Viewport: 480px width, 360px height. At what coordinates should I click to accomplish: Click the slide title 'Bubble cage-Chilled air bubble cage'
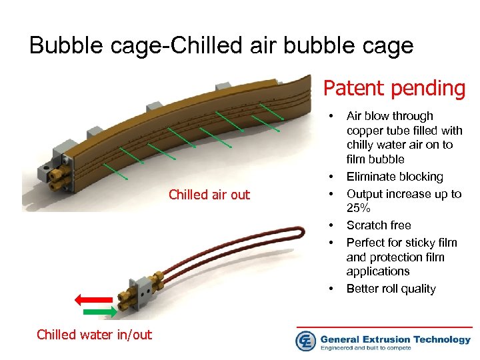pos(221,45)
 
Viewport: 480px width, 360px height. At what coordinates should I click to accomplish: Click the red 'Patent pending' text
pos(395,87)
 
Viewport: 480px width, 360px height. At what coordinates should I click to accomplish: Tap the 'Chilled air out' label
pos(209,195)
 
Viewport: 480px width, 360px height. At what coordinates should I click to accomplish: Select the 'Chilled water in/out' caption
pos(95,335)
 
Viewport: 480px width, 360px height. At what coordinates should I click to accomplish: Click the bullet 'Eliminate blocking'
pos(395,177)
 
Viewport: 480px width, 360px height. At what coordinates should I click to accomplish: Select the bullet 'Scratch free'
pos(379,225)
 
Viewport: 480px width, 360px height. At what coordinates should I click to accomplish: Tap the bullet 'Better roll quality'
pos(391,289)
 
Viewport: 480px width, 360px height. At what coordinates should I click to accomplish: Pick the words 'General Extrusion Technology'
pos(395,339)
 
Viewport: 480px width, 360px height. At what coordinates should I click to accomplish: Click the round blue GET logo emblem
pos(306,341)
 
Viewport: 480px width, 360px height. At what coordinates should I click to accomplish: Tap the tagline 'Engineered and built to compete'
pos(373,348)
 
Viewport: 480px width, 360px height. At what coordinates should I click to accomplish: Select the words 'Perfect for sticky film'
pos(402,243)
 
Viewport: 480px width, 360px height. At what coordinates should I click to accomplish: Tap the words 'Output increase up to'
pos(404,194)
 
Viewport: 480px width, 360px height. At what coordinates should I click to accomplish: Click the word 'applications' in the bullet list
pos(377,271)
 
